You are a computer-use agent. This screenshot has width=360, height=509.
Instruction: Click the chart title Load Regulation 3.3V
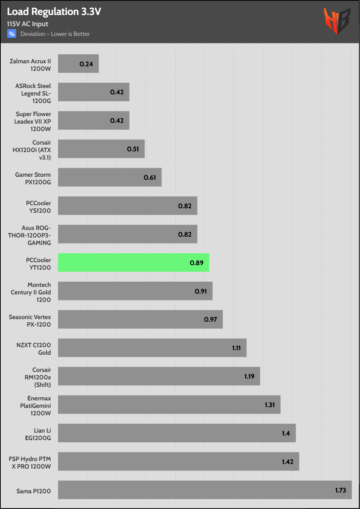coord(54,12)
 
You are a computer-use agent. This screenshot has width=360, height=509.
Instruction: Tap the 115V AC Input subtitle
coord(27,24)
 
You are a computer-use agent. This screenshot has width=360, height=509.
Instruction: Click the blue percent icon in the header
coord(12,34)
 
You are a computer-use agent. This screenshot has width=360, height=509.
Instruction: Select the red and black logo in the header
coord(337,21)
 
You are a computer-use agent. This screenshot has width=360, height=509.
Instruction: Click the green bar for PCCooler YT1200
coord(133,263)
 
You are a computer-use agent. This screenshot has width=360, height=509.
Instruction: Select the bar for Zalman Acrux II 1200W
coord(78,64)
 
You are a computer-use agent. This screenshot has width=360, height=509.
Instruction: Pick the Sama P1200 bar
coord(205,490)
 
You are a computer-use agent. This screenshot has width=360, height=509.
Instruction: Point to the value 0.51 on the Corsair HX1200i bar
coord(133,149)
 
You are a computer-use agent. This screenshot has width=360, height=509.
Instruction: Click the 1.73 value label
coord(341,490)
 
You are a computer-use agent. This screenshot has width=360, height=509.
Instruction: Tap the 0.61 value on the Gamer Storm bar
coord(150,178)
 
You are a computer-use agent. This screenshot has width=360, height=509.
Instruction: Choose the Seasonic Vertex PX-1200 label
coord(30,321)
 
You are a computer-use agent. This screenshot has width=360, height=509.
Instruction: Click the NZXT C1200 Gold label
coord(34,349)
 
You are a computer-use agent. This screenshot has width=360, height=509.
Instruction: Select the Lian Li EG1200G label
coord(38,434)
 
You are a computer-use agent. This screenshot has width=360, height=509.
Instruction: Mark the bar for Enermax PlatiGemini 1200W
coord(169,405)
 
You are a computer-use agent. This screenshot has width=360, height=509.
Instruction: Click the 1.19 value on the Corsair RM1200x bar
coord(249,376)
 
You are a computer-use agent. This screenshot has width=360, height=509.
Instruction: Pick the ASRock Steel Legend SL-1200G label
coord(33,93)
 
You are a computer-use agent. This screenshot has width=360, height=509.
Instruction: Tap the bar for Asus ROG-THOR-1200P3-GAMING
coord(127,234)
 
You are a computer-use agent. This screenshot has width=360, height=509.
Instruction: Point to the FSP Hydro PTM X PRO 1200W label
coord(30,463)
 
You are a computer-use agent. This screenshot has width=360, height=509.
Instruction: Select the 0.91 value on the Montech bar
coord(201,291)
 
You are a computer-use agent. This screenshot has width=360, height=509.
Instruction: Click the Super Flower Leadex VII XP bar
coord(94,121)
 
